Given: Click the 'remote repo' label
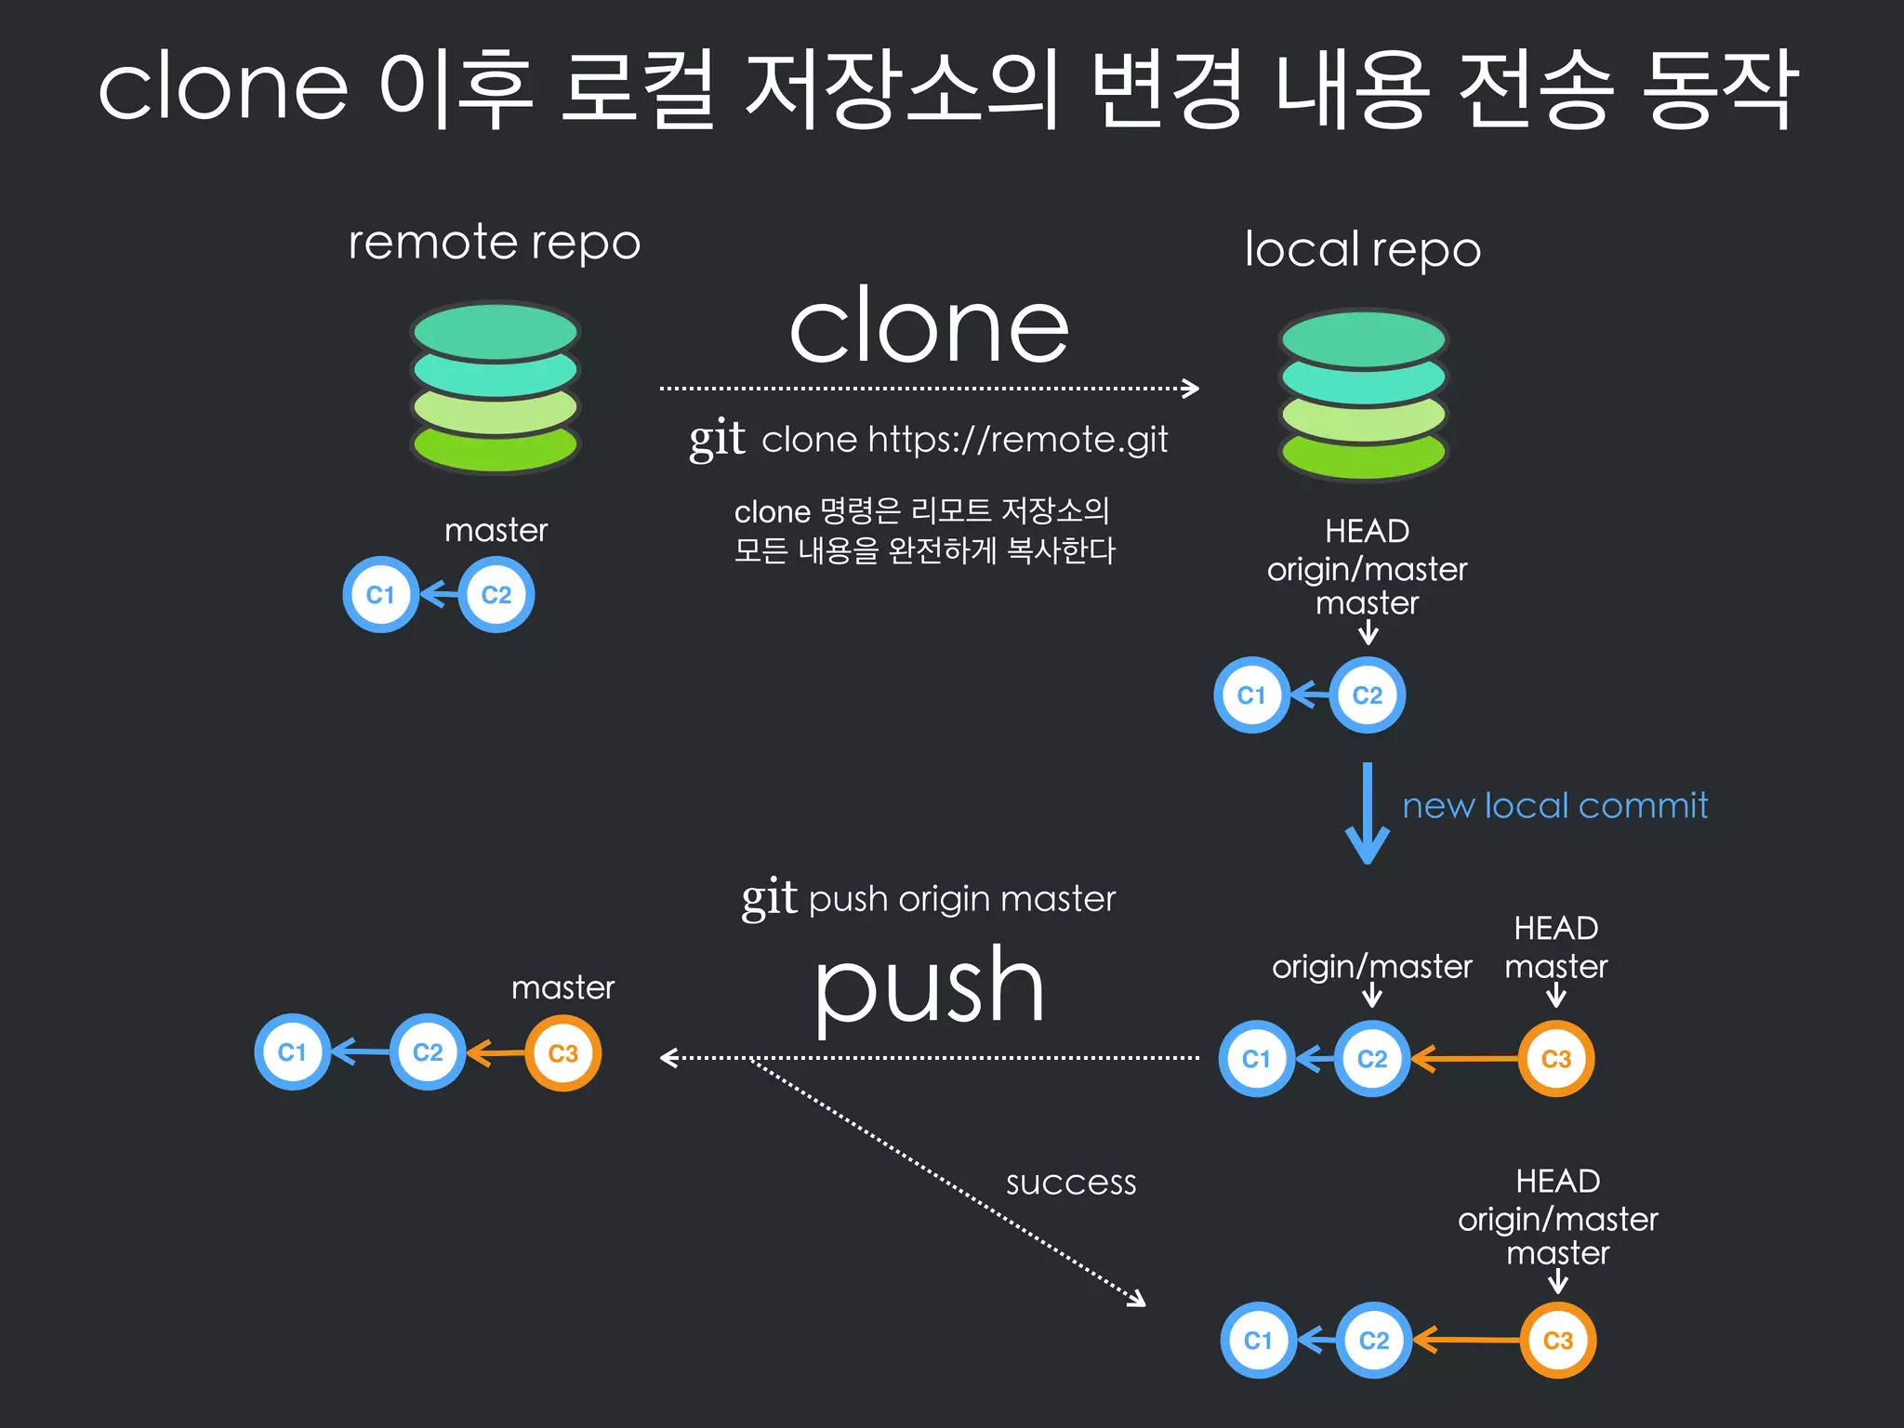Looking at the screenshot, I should pyautogui.click(x=494, y=244).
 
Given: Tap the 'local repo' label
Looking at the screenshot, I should pyautogui.click(x=1362, y=250).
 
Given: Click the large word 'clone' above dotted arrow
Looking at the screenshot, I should pyautogui.click(x=929, y=326).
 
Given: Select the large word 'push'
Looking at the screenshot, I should pyautogui.click(x=929, y=987).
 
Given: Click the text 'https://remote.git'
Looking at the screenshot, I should pyautogui.click(x=1017, y=439).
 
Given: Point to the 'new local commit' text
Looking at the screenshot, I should pyautogui.click(x=1554, y=805).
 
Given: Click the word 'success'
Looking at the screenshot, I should pyautogui.click(x=1071, y=1183).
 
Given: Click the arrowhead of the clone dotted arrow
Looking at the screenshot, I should pyautogui.click(x=1191, y=388).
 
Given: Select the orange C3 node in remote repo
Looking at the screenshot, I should pyautogui.click(x=563, y=1053).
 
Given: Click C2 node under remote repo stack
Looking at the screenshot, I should pyautogui.click(x=496, y=595).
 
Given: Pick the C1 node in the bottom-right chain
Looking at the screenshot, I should pyautogui.click(x=1257, y=1341).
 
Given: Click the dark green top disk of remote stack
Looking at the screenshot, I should pyautogui.click(x=496, y=332).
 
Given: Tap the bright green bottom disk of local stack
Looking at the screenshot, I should pyautogui.click(x=1363, y=455).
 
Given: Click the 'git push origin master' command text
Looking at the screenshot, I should pyautogui.click(x=929, y=899).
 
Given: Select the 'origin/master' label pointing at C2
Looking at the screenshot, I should pyautogui.click(x=1371, y=967).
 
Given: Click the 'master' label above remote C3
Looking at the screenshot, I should pyautogui.click(x=562, y=987).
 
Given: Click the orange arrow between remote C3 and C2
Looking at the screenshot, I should pyautogui.click(x=495, y=1053).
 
